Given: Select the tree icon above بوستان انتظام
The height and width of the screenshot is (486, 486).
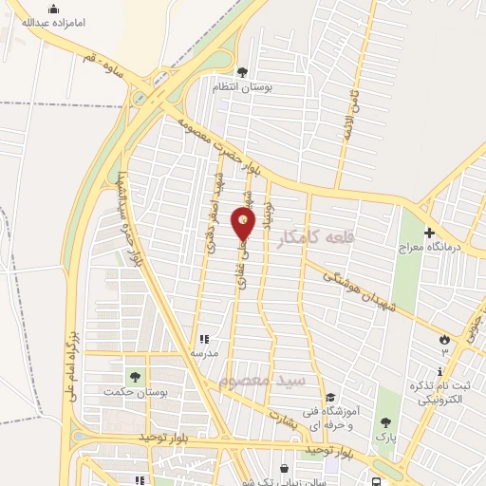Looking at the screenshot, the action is pyautogui.click(x=242, y=71).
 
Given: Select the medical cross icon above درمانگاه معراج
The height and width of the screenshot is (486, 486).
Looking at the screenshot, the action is pyautogui.click(x=429, y=232).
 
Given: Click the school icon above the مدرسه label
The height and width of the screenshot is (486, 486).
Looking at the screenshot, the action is pyautogui.click(x=203, y=339).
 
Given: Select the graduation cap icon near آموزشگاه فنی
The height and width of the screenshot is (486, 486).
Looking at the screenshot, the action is pyautogui.click(x=329, y=398).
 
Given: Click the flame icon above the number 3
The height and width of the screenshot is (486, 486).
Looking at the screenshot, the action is pyautogui.click(x=443, y=339).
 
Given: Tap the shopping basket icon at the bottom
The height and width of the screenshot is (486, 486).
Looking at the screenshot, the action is pyautogui.click(x=285, y=468).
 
